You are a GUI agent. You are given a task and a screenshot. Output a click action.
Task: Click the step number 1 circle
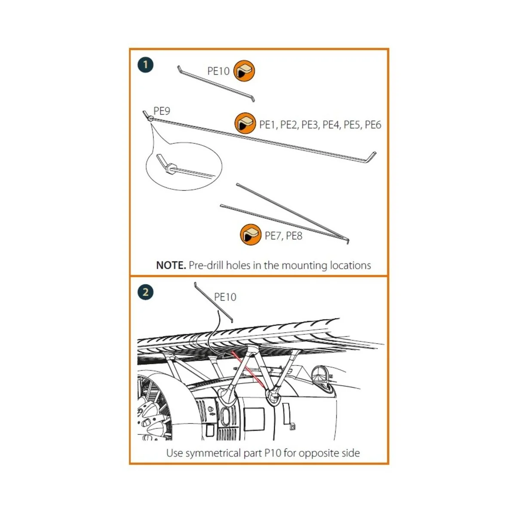tap(145, 65)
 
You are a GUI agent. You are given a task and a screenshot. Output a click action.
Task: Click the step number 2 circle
tap(145, 292)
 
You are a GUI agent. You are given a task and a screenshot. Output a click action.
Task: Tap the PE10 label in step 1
tap(218, 71)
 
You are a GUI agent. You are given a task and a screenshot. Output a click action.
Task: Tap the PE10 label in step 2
tap(225, 297)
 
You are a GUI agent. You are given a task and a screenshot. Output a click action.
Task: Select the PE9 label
tap(162, 111)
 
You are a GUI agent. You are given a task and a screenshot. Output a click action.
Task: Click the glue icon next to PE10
tap(244, 71)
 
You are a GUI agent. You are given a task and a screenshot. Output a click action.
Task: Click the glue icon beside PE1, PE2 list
tap(245, 123)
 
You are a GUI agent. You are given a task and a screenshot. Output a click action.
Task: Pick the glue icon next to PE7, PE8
tap(250, 235)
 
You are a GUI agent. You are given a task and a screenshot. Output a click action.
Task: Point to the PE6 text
tap(373, 125)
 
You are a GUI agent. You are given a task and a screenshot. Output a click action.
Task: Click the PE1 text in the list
tap(267, 125)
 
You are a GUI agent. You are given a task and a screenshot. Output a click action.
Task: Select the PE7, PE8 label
tap(283, 236)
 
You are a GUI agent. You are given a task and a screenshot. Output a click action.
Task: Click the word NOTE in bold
tap(170, 265)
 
